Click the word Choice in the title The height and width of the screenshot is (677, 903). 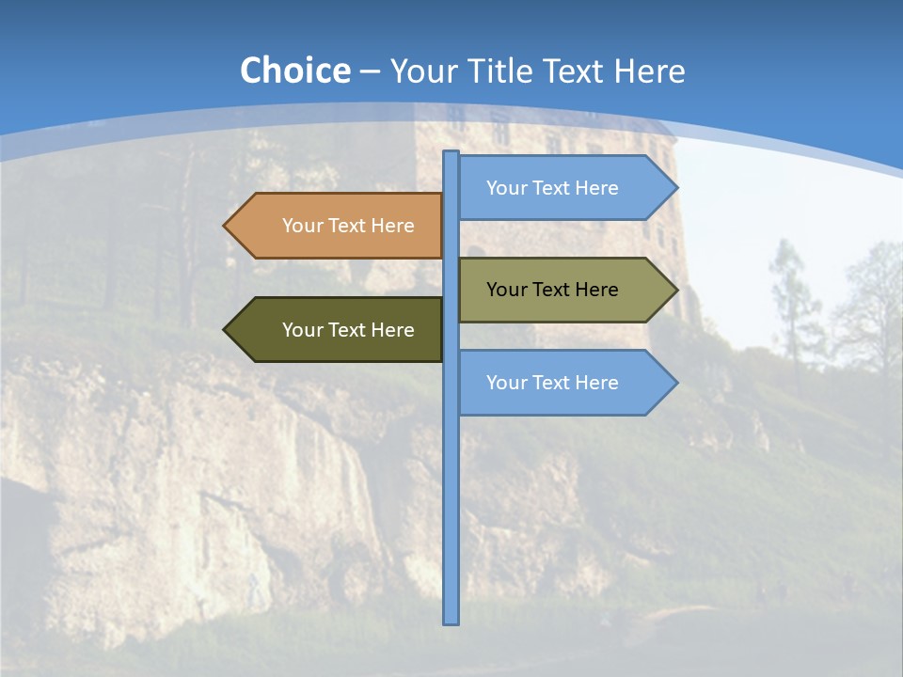click(294, 71)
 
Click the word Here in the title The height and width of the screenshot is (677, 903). click(649, 71)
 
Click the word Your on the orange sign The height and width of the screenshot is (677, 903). click(303, 226)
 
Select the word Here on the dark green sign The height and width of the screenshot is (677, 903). click(392, 330)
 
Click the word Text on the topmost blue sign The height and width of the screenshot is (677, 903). click(552, 188)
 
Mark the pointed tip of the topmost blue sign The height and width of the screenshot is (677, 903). click(676, 187)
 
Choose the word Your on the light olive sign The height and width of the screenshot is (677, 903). click(507, 290)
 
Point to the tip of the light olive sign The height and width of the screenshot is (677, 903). click(676, 290)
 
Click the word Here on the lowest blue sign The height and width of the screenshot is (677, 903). click(596, 383)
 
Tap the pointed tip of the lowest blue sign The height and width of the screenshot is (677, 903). click(676, 383)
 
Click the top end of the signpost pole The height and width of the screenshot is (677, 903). click(451, 153)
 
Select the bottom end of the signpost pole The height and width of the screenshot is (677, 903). click(451, 622)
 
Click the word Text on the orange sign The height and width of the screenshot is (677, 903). click(348, 226)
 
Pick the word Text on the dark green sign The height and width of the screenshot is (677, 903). click(348, 330)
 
